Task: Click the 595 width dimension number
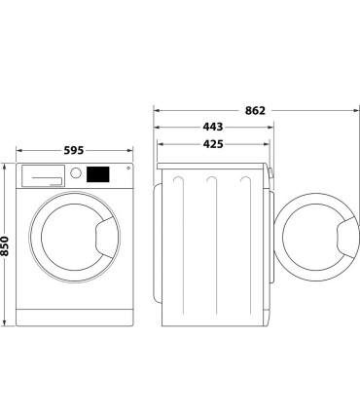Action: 75,151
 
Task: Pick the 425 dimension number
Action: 213,145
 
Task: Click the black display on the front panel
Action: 97,175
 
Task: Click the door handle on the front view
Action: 106,234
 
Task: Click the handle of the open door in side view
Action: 345,237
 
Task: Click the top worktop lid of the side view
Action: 212,165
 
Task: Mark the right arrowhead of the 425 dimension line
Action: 267,145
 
